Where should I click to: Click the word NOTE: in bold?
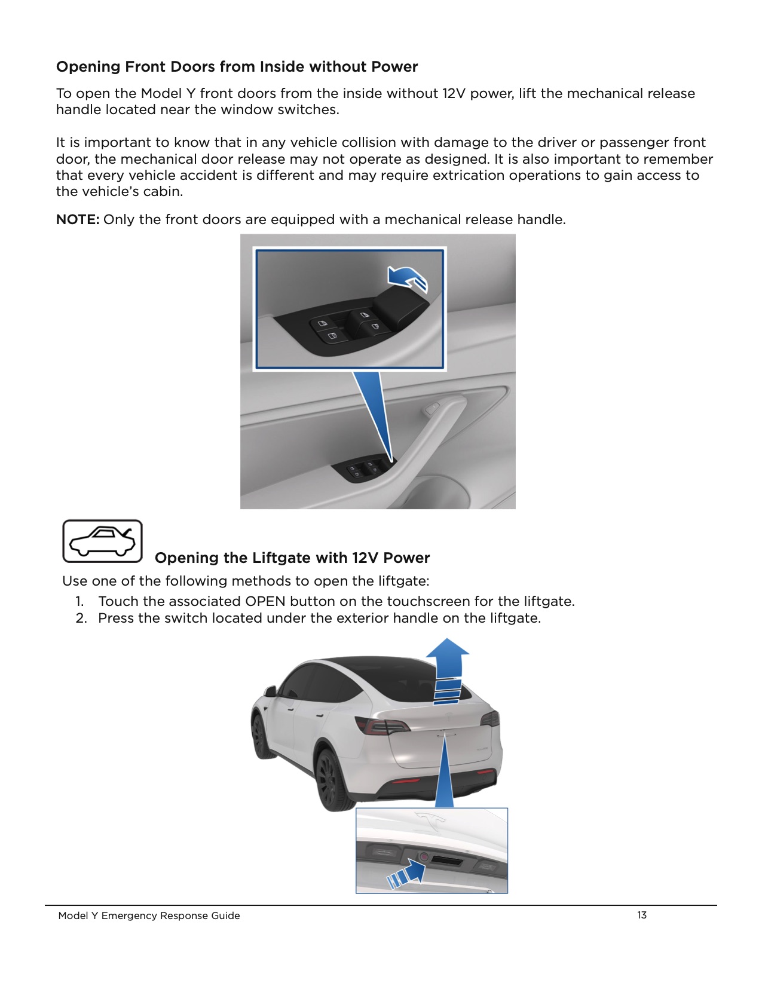click(77, 219)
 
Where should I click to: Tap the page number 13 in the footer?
click(641, 915)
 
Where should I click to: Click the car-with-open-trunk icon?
click(103, 541)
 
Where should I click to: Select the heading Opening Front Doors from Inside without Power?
click(237, 66)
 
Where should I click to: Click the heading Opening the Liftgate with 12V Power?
click(292, 558)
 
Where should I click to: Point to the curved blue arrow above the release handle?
click(408, 278)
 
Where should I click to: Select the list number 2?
click(81, 618)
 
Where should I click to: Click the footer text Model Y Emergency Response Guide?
click(149, 915)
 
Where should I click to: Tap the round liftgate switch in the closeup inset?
click(423, 857)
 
